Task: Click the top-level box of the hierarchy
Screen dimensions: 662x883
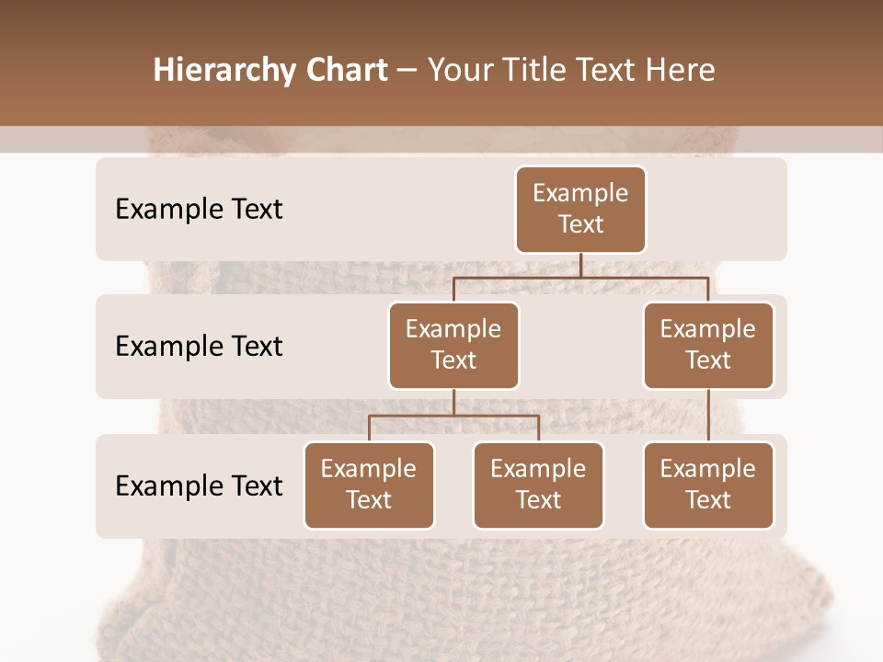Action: tap(580, 210)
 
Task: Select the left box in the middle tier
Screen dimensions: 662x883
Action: tap(453, 346)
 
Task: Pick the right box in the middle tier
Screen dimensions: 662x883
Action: tap(708, 346)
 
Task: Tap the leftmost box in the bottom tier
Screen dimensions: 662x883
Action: tap(369, 485)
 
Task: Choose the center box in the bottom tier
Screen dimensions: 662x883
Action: tap(538, 485)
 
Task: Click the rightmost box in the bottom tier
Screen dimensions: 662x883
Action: tap(708, 485)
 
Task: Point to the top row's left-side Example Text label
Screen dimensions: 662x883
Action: tap(199, 210)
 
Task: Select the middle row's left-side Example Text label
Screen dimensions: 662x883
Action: tap(199, 347)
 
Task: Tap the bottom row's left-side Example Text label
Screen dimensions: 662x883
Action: tap(199, 486)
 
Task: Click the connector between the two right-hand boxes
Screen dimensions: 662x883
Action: tap(708, 416)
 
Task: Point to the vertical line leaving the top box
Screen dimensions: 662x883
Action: tap(580, 265)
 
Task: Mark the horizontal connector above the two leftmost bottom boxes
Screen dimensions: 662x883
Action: tap(453, 416)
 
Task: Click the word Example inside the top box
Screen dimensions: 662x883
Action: tap(580, 193)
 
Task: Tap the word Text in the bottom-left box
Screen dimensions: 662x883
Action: tap(369, 500)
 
